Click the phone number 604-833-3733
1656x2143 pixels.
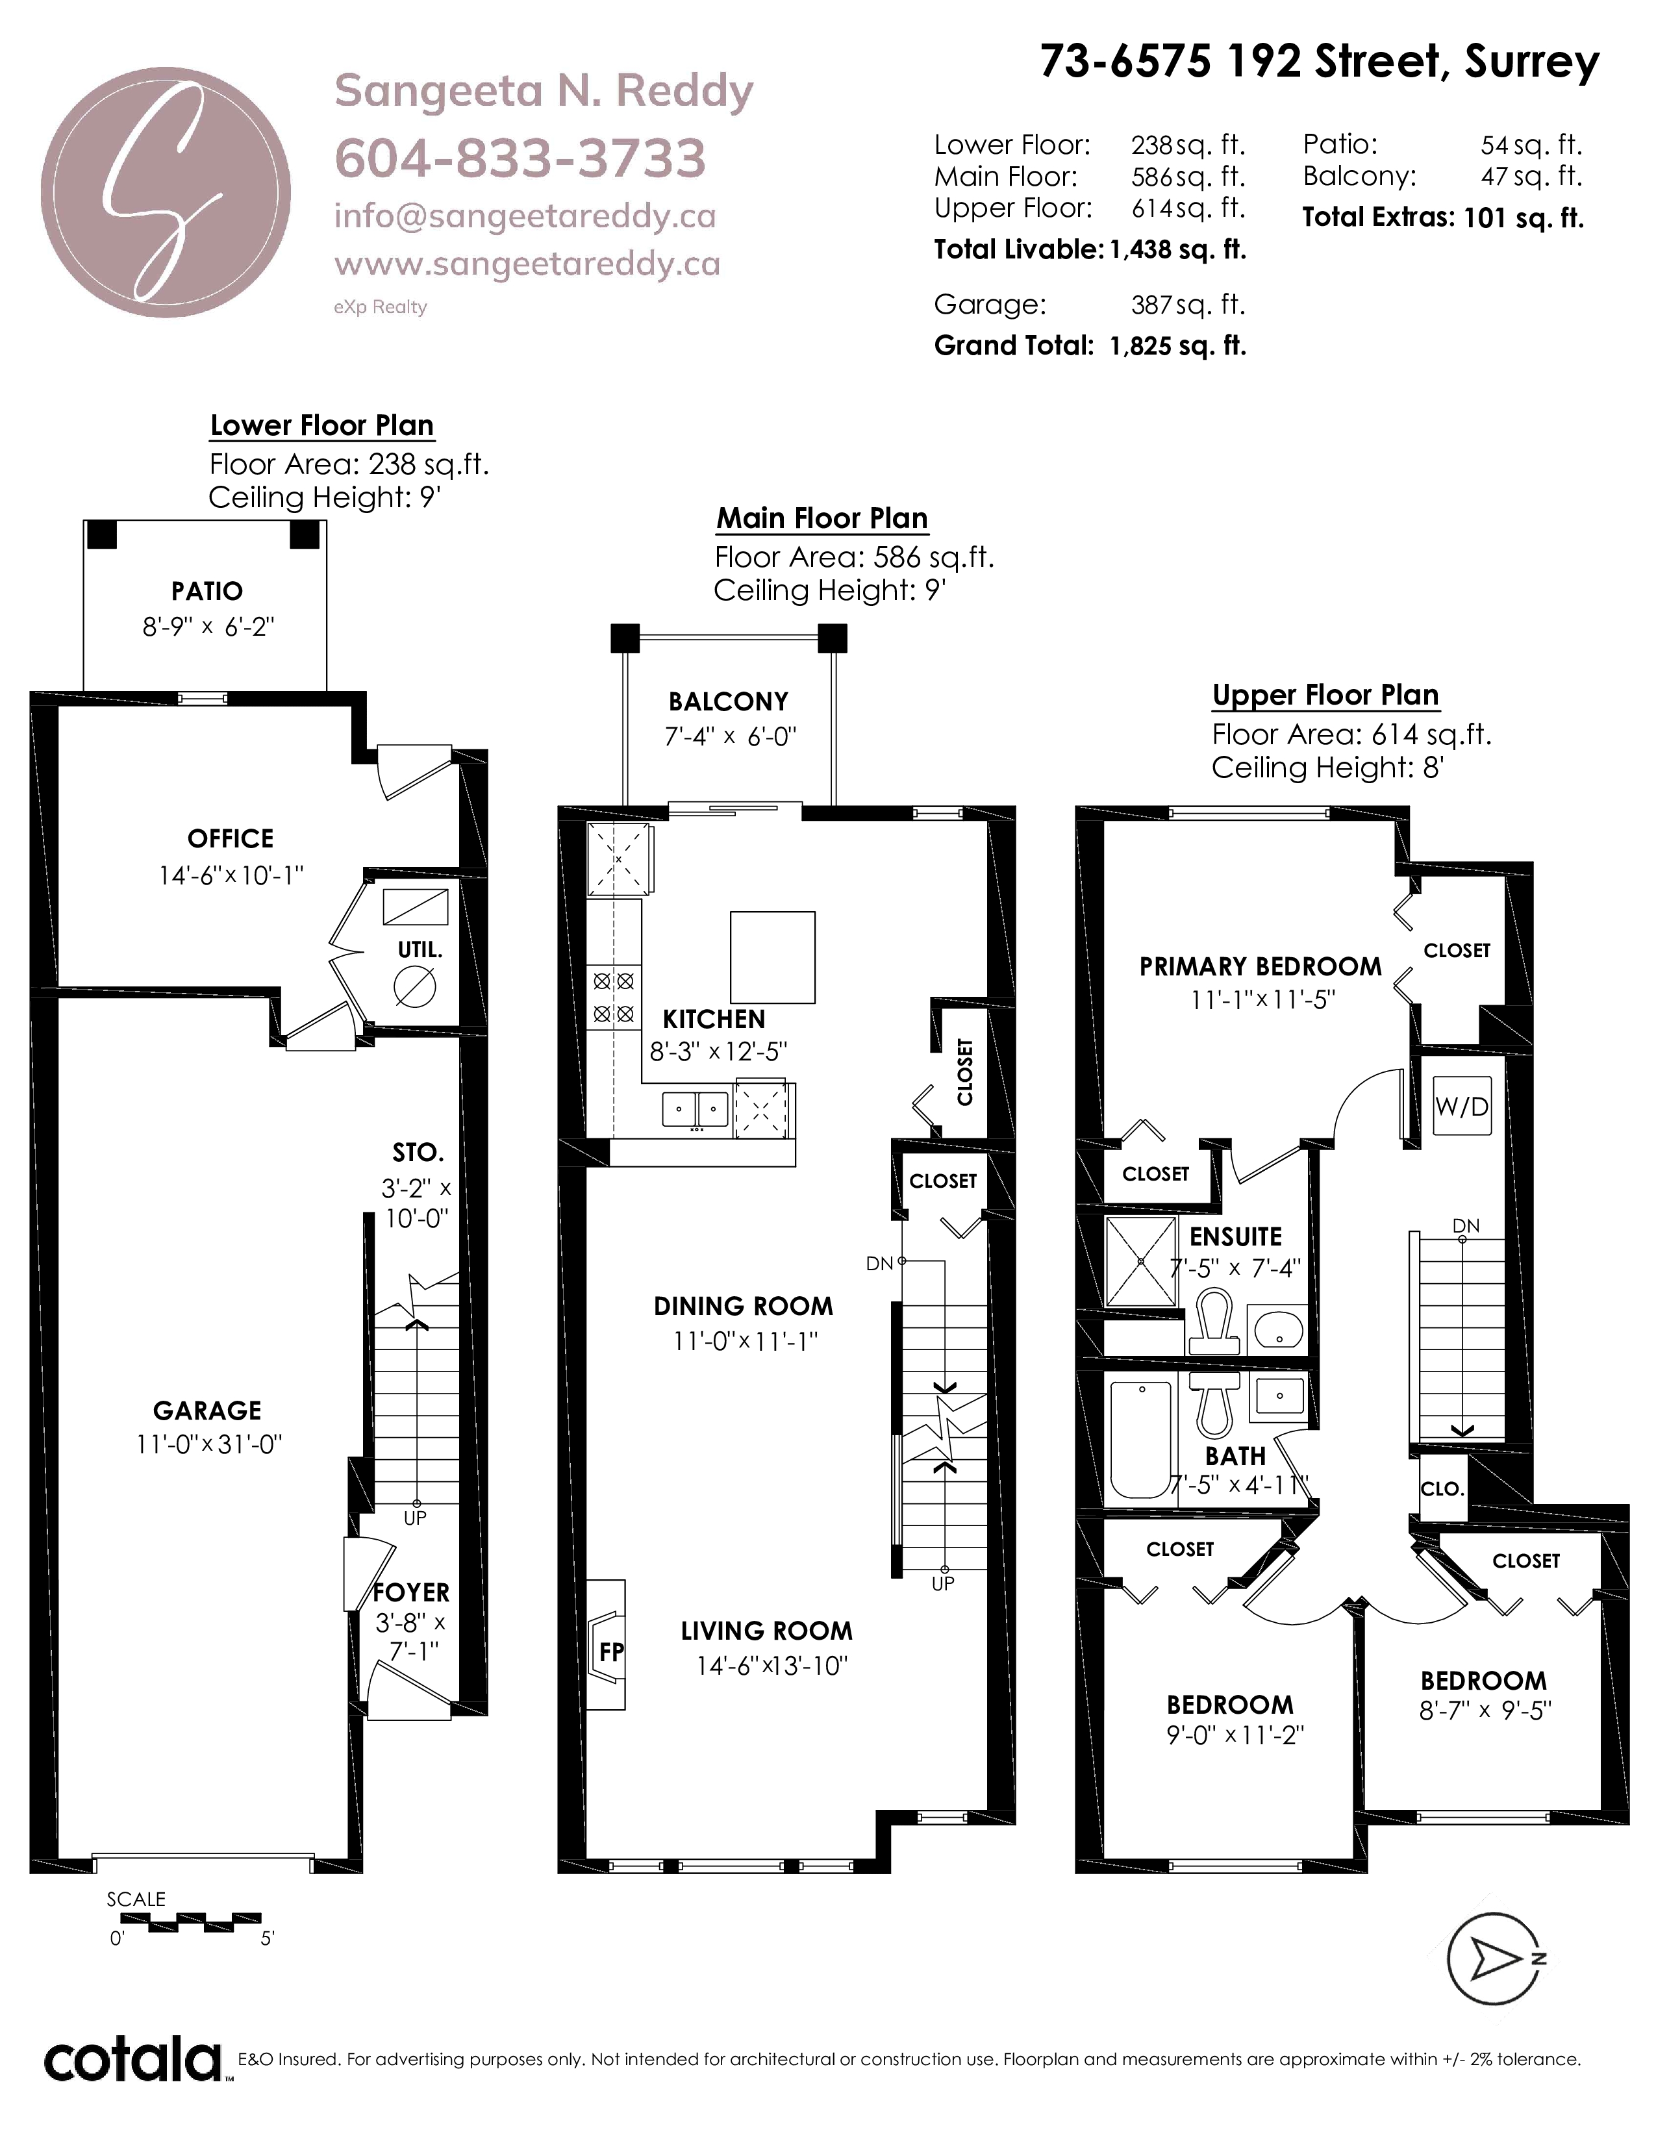point(520,158)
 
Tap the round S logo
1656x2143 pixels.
point(166,192)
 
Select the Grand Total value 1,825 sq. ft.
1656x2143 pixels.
point(1177,346)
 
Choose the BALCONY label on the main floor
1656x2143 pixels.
point(728,701)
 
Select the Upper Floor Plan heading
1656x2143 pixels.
point(1325,695)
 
